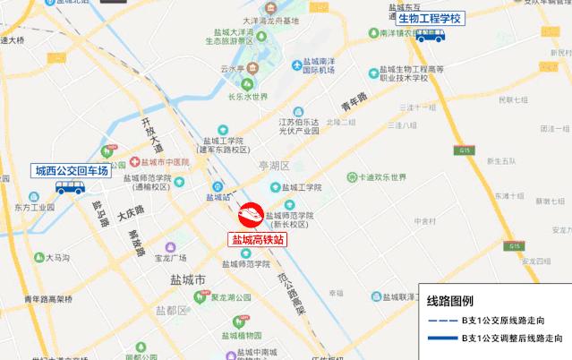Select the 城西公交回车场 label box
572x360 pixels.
[71, 170]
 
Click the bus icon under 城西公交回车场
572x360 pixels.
[69, 188]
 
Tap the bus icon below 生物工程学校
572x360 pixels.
[433, 36]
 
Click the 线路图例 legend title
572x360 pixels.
[450, 301]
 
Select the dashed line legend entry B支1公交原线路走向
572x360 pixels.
[498, 321]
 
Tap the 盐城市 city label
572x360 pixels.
[187, 279]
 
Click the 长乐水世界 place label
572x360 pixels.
[248, 98]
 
